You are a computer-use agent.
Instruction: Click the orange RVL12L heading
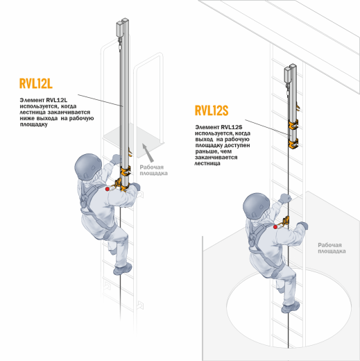click(36, 83)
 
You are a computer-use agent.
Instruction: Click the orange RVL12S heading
click(212, 110)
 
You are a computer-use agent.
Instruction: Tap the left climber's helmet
click(88, 167)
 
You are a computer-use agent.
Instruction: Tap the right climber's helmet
click(257, 206)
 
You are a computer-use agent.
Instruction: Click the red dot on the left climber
click(108, 189)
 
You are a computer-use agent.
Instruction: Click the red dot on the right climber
click(275, 227)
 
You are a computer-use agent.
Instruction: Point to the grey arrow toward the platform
click(148, 153)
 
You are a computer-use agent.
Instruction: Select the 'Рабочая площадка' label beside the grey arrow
click(153, 170)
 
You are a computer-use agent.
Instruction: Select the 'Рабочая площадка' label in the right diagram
click(332, 248)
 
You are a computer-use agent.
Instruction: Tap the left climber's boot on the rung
click(123, 269)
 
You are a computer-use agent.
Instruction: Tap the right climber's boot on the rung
click(291, 307)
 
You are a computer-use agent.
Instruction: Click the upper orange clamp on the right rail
click(293, 125)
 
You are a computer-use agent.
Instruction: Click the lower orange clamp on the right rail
click(293, 144)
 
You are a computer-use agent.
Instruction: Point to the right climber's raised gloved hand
click(285, 198)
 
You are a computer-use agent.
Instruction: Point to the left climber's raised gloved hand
click(116, 159)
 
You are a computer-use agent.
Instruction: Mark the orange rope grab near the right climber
click(286, 221)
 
